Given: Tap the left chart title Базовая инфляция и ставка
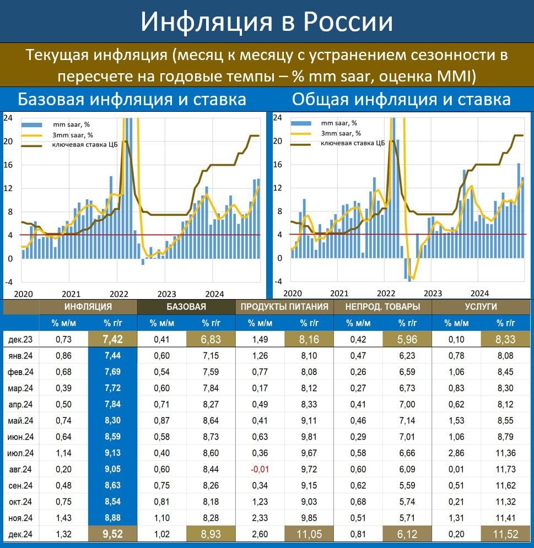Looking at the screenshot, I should pyautogui.click(x=132, y=100).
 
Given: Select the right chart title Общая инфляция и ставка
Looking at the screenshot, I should pyautogui.click(x=401, y=100).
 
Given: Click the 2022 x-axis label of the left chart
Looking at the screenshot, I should pyautogui.click(x=119, y=294).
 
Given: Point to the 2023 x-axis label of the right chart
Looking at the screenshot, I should pyautogui.click(x=433, y=294).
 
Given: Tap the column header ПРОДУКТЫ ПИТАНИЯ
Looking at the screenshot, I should pyautogui.click(x=284, y=307).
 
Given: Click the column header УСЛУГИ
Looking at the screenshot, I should pyautogui.click(x=481, y=307).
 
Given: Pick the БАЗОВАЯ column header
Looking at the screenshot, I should pyautogui.click(x=186, y=307).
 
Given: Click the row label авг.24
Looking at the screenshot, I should pyautogui.click(x=20, y=469).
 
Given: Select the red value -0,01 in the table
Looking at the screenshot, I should pyautogui.click(x=260, y=469).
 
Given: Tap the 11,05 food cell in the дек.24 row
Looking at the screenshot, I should pyautogui.click(x=309, y=534).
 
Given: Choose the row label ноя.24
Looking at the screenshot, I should pyautogui.click(x=20, y=518).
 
